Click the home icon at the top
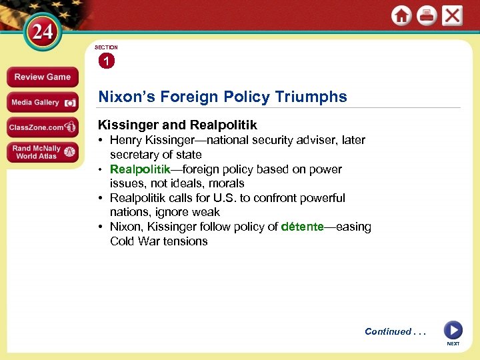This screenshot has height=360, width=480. [401, 16]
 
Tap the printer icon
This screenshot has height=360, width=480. [427, 16]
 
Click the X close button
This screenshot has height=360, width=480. [452, 16]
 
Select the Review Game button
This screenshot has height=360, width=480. [42, 77]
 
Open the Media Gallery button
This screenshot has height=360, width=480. [42, 103]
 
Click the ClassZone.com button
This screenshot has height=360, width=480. [42, 127]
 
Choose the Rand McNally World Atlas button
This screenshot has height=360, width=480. [42, 153]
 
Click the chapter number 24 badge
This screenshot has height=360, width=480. [43, 32]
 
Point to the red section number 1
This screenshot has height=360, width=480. [106, 61]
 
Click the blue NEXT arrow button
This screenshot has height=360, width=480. [453, 330]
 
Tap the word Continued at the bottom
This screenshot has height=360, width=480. [388, 331]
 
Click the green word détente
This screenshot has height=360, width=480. [302, 227]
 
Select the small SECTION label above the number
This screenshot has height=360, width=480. [106, 48]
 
